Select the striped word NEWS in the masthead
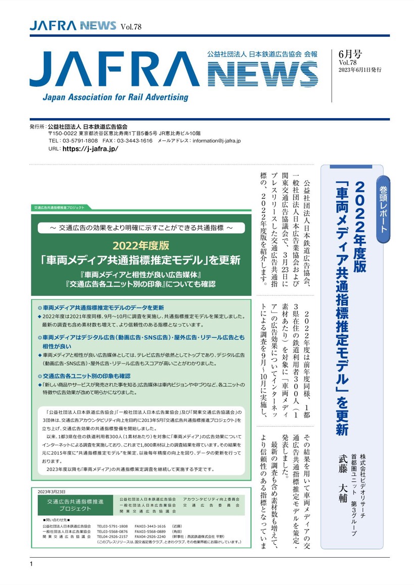[263, 74]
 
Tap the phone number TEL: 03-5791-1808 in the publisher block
[73, 141]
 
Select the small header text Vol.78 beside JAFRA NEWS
[131, 27]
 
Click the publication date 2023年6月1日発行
[360, 70]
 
